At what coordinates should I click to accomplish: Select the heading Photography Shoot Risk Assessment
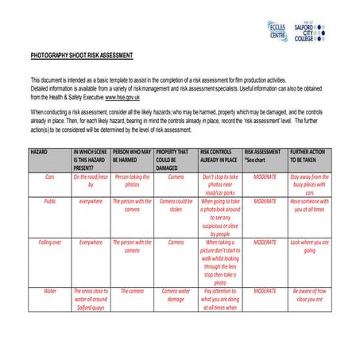[82, 56]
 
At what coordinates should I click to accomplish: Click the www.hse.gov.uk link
[127, 96]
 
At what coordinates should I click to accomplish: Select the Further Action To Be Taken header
[308, 155]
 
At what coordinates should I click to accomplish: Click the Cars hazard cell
[49, 176]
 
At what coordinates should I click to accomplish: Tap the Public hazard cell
[49, 202]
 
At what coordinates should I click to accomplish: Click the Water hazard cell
[49, 291]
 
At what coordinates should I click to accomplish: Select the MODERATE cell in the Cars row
[264, 176]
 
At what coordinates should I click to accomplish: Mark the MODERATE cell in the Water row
[264, 291]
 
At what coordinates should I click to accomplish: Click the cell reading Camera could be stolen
[176, 206]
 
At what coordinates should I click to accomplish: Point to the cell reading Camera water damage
[176, 295]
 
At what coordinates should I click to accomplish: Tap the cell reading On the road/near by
[91, 180]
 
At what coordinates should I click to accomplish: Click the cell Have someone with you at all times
[309, 206]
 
